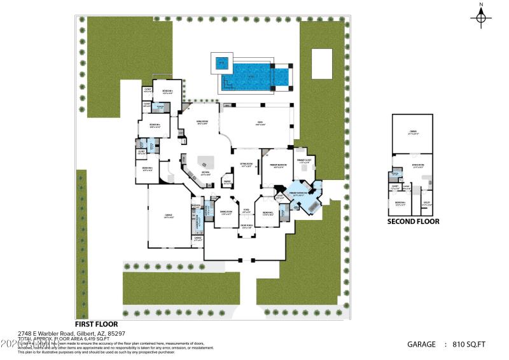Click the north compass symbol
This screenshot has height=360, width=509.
point(480,17)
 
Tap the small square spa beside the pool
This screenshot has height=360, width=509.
point(221,63)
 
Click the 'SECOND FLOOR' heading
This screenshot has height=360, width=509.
point(414,222)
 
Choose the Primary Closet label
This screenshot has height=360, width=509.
point(303,162)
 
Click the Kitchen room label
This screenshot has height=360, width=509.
point(206,173)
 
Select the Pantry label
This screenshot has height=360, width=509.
point(226,183)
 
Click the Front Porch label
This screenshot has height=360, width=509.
point(247,227)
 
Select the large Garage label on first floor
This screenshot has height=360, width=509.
point(169,218)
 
